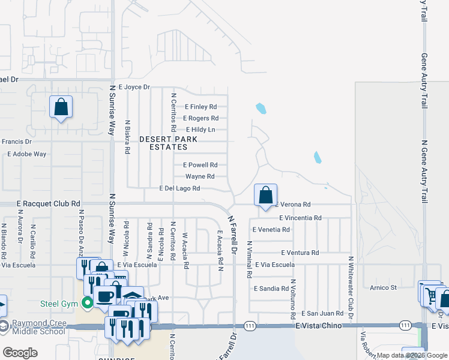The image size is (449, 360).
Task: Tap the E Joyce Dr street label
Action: pyautogui.click(x=134, y=87)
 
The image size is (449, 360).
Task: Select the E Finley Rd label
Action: pyautogui.click(x=200, y=107)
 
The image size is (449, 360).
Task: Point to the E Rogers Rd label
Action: pyautogui.click(x=200, y=118)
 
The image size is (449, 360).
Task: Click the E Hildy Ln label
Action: pyautogui.click(x=200, y=130)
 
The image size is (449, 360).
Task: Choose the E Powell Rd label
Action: pyautogui.click(x=200, y=165)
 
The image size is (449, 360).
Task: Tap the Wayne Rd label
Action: pyautogui.click(x=200, y=176)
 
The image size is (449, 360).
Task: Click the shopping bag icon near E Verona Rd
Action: pyautogui.click(x=265, y=195)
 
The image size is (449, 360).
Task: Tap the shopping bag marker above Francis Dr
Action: pyautogui.click(x=61, y=107)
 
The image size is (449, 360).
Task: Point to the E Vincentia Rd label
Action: pyautogui.click(x=300, y=218)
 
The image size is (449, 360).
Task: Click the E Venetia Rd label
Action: pyautogui.click(x=271, y=230)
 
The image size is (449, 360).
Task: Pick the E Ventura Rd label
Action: pyautogui.click(x=299, y=253)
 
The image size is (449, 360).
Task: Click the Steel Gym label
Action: pyautogui.click(x=59, y=304)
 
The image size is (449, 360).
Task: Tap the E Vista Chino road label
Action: pyautogui.click(x=319, y=325)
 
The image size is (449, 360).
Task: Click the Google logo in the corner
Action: pyautogui.click(x=20, y=353)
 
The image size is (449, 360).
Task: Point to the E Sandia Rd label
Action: pyautogui.click(x=271, y=289)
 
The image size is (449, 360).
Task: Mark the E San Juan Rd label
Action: pyautogui.click(x=322, y=313)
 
